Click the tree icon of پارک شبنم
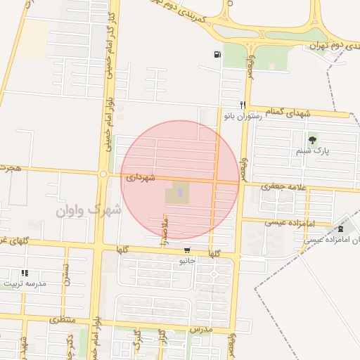(312, 140)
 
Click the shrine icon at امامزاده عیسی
(341, 228)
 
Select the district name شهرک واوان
(89, 210)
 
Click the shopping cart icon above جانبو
(186, 250)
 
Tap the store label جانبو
(186, 261)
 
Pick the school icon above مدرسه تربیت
(25, 273)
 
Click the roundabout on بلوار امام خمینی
(103, 174)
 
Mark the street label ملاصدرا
(165, 231)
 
